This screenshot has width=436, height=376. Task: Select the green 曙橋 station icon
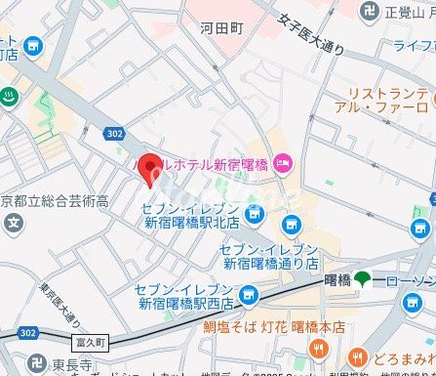[x=362, y=280]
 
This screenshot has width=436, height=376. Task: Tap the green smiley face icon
[x=9, y=97]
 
